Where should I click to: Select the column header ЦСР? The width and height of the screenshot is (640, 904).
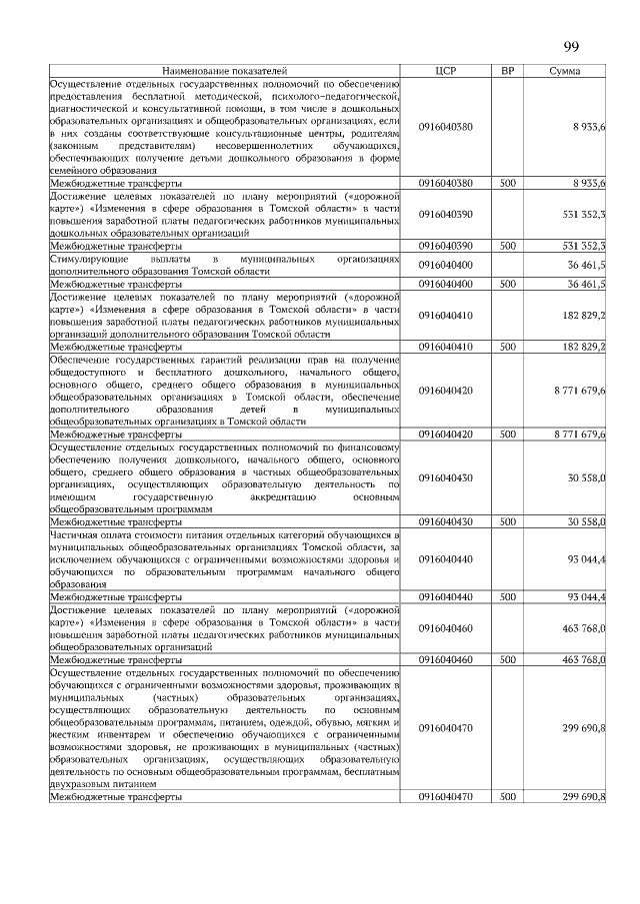(446, 72)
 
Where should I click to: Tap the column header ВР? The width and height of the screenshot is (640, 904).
(507, 72)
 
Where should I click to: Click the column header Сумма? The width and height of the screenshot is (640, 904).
(568, 72)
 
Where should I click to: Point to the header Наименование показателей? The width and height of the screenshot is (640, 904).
(224, 72)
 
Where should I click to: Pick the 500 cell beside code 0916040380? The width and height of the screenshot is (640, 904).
(507, 184)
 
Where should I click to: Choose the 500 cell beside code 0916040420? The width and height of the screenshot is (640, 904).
(507, 435)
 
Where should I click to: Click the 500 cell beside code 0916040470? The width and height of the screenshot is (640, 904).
(507, 797)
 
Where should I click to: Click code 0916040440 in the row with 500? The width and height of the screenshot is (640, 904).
(446, 596)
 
